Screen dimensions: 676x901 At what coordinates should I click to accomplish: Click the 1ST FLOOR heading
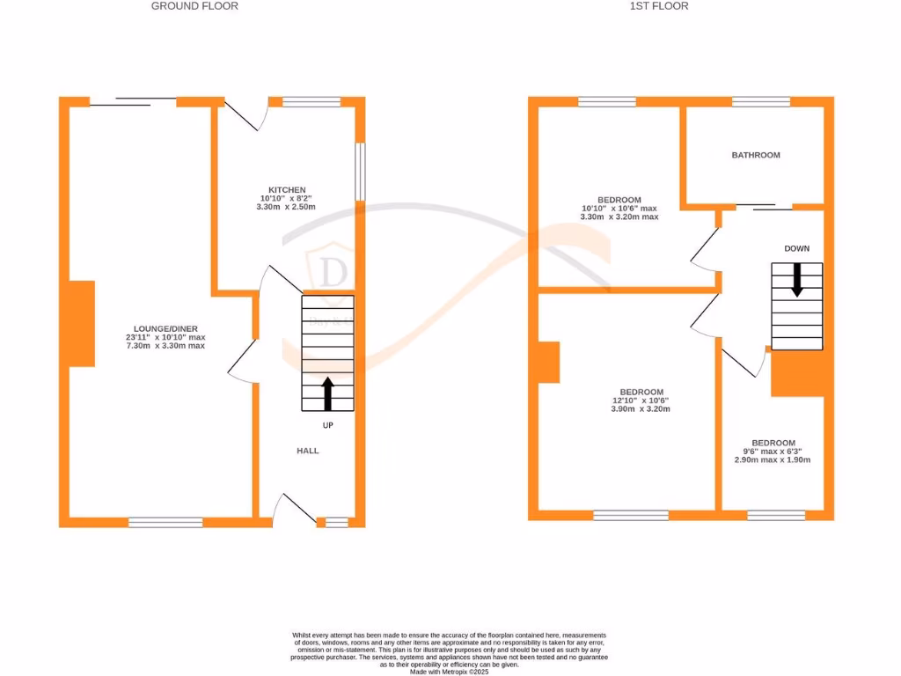click(x=659, y=6)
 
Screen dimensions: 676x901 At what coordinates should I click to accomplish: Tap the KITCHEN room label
click(x=288, y=190)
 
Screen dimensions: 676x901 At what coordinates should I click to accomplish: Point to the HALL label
click(x=307, y=451)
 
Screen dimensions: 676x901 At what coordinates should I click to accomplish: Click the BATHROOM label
click(x=756, y=155)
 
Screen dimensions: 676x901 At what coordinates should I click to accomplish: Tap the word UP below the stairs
click(x=327, y=425)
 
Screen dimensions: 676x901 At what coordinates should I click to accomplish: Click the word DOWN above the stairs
click(x=796, y=249)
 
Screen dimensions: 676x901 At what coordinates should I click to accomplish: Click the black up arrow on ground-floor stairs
click(x=328, y=393)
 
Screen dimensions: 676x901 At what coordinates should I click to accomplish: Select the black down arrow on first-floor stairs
click(x=797, y=279)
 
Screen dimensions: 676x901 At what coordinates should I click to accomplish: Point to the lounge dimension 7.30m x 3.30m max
click(x=165, y=346)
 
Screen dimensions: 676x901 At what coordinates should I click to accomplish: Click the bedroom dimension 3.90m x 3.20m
click(x=641, y=409)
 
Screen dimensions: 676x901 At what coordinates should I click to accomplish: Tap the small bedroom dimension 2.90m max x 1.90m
click(x=773, y=459)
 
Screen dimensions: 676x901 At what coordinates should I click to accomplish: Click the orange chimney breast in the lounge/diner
click(x=82, y=323)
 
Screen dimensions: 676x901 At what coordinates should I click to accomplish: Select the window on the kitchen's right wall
click(x=359, y=171)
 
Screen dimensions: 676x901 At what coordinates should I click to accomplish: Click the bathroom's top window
click(x=761, y=102)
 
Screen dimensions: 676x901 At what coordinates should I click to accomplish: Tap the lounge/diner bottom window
click(x=165, y=522)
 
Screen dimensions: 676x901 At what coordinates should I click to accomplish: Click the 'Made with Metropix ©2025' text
click(x=450, y=671)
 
